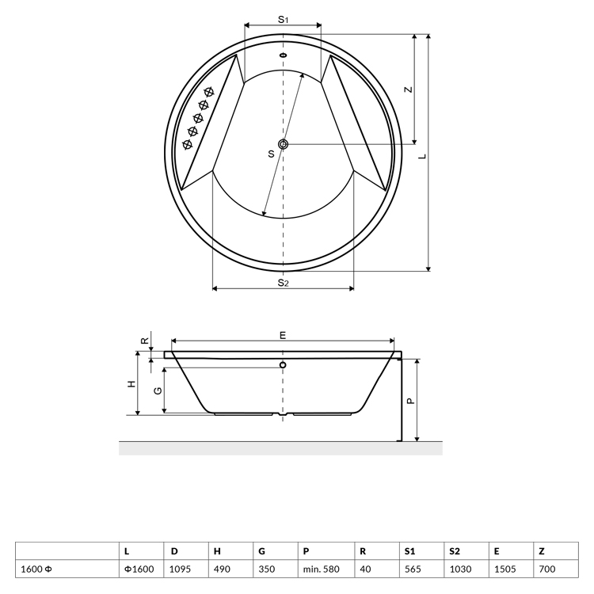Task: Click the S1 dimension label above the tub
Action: pos(283,19)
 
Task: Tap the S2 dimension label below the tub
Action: pos(283,283)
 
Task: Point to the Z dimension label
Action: pos(408,89)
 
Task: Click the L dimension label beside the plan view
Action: pos(423,156)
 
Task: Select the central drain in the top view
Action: pos(283,144)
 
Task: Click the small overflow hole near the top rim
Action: pos(283,55)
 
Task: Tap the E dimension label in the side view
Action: pos(283,335)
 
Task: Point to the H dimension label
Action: pos(131,384)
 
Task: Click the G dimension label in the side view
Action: pos(158,390)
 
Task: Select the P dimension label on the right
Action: pos(410,401)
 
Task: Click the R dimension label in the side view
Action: pos(145,341)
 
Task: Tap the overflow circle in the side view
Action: pos(283,365)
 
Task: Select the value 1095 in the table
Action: pos(180,569)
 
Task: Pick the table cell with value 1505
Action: pos(505,569)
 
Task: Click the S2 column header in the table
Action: pos(455,551)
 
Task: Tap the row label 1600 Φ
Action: pos(36,569)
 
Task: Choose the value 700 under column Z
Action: pos(547,569)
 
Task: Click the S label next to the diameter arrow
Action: pos(271,154)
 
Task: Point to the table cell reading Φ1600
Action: pos(139,569)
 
